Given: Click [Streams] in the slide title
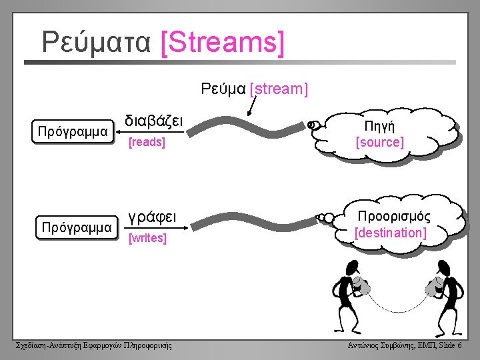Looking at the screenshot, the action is point(223,43).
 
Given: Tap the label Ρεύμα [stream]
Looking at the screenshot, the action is point(255,89).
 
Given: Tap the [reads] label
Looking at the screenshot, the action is point(147,142).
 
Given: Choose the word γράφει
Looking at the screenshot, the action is point(152,217).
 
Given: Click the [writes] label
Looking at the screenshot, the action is point(147,237).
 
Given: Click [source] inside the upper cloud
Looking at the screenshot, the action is point(379,142).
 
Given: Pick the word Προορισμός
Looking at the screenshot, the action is point(394,217).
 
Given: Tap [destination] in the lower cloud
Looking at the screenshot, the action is point(391,233).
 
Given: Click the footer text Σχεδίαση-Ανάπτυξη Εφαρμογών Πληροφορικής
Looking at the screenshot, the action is point(93,345).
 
